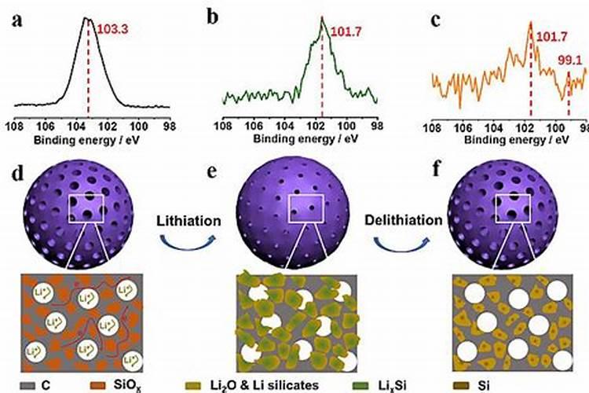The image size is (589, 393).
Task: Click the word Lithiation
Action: coord(187,221)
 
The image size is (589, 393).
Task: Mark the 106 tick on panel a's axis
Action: coord(46,124)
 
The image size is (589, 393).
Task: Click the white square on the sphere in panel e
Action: coord(307,209)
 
